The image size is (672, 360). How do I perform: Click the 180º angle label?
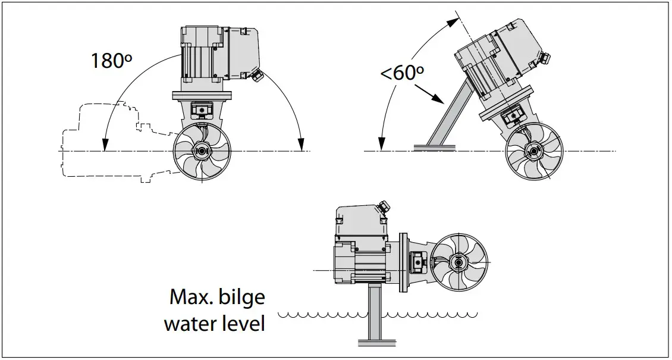(x=111, y=60)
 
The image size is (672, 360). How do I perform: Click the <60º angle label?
(x=402, y=73)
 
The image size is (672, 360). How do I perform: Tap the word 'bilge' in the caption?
(x=240, y=296)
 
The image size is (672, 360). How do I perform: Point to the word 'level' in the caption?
(x=239, y=324)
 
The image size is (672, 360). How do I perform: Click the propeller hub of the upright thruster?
(x=202, y=151)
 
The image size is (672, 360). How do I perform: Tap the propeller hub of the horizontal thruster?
(x=459, y=261)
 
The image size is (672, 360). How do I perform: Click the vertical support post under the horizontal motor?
(x=374, y=309)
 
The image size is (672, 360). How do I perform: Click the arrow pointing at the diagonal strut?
(x=429, y=93)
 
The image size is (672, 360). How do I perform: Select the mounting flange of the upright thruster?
(x=203, y=96)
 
